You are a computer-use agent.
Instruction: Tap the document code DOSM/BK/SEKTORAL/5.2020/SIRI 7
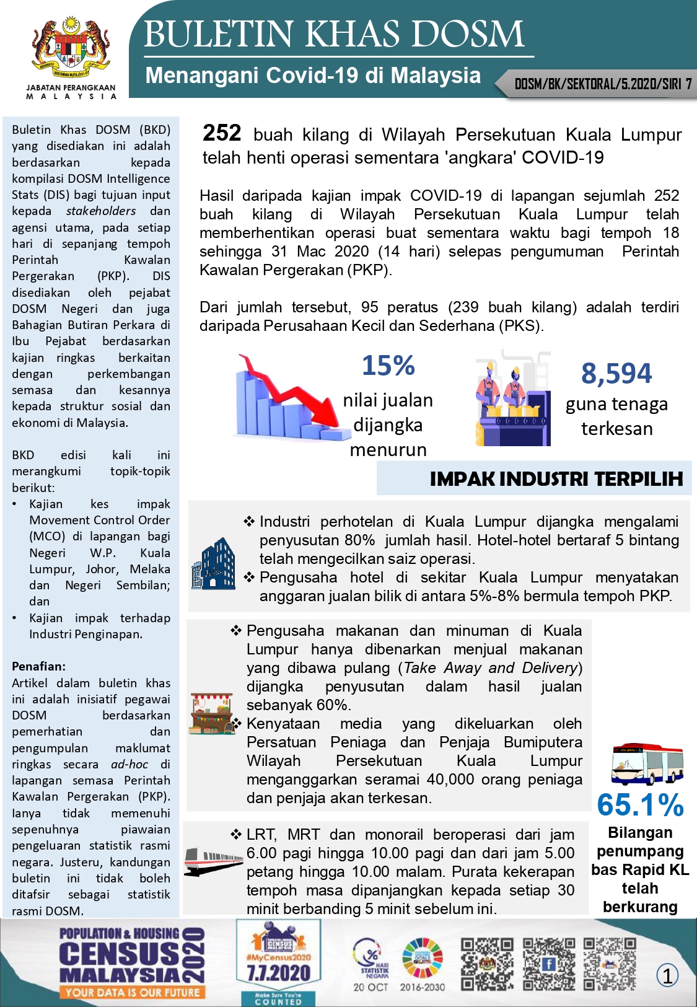tap(603, 84)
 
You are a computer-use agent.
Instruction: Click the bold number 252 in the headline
tap(222, 133)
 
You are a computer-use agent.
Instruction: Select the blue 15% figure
tap(388, 365)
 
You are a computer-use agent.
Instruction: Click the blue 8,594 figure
tap(616, 373)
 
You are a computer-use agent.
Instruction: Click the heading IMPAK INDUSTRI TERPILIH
tap(556, 478)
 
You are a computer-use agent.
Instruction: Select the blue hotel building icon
tap(214, 563)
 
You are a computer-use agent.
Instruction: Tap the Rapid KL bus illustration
tap(647, 763)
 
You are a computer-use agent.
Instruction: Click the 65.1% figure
tap(640, 805)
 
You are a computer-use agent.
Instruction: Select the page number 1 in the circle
tap(667, 976)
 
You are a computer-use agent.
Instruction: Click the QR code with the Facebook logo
tap(548, 964)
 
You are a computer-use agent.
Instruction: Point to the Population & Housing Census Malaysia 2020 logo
tap(132, 962)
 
